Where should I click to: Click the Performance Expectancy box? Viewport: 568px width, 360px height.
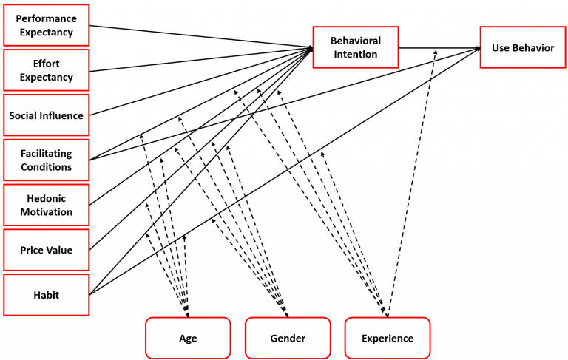(x=46, y=25)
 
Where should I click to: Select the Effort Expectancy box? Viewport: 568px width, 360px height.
(x=46, y=70)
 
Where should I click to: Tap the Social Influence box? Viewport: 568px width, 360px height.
(x=46, y=115)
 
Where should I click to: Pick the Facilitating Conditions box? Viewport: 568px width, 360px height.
(x=46, y=160)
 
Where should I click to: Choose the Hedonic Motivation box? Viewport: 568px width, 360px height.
(x=46, y=205)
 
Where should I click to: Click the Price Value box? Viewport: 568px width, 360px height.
(x=46, y=250)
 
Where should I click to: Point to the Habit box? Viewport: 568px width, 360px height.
(x=46, y=295)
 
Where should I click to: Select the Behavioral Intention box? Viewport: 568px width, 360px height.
(x=356, y=47)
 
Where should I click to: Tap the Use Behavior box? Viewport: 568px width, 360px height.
(x=522, y=47)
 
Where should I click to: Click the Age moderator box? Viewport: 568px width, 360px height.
(x=188, y=338)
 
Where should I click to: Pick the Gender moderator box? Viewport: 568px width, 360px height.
(x=287, y=338)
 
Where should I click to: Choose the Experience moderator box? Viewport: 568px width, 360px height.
(x=387, y=338)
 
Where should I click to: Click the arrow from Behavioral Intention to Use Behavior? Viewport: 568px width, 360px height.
(x=439, y=48)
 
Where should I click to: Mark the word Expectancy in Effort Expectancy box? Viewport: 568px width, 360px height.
(x=46, y=77)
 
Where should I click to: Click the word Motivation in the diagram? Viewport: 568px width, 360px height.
(x=46, y=212)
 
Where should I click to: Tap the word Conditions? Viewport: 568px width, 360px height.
(x=46, y=167)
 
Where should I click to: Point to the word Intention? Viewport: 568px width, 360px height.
(x=356, y=54)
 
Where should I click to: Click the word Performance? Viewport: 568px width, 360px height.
(x=46, y=18)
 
